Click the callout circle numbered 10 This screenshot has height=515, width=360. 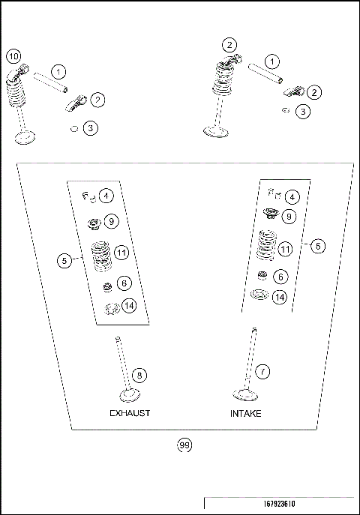(13, 55)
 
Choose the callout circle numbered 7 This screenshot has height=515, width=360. (262, 371)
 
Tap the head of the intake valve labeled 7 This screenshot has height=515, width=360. (244, 394)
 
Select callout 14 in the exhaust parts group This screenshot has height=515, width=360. (130, 306)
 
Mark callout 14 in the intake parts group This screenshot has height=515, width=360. (280, 297)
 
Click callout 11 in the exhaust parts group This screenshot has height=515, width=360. (121, 253)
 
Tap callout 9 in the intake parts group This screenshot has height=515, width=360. (289, 217)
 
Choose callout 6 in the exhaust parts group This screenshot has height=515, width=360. (124, 283)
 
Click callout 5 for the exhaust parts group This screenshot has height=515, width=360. (65, 260)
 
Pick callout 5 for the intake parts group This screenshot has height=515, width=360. (318, 245)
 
